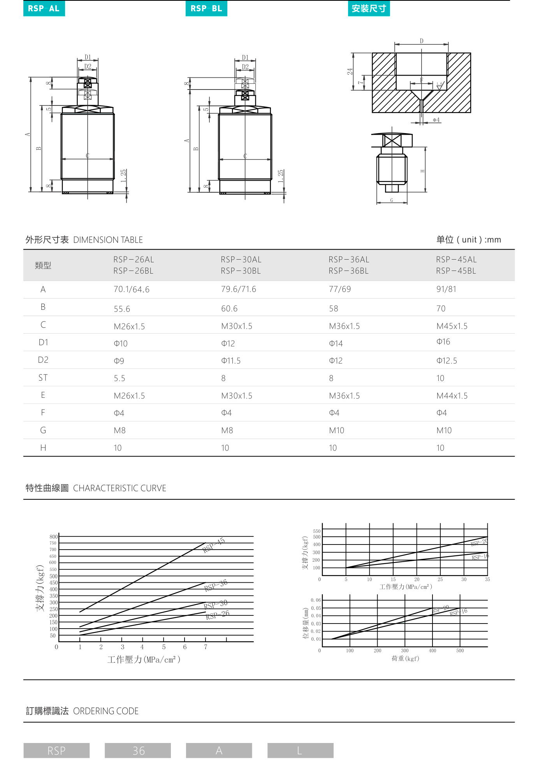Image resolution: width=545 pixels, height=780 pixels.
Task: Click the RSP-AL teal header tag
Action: point(44,9)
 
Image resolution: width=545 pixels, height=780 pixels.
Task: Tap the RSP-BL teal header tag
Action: point(206,9)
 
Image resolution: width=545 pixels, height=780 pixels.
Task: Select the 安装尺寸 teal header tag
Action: point(369,9)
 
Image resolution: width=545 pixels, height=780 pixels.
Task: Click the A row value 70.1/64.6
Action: point(132,290)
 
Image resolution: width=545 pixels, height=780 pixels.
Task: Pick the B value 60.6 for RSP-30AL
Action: point(229,309)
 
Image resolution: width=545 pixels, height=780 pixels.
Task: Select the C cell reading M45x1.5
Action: point(452,326)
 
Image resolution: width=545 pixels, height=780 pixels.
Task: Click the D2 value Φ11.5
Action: point(231,361)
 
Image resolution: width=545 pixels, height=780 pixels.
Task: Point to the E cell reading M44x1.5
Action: point(452,396)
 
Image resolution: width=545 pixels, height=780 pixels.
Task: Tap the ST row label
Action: point(43,378)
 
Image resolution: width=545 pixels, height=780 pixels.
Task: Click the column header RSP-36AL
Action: point(349,260)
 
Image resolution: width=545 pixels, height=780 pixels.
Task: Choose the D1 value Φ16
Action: point(443,342)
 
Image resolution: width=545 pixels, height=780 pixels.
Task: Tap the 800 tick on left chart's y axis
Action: point(53,537)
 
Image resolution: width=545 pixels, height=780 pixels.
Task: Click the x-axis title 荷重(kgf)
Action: point(405,659)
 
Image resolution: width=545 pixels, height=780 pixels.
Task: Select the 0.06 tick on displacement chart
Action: point(316,600)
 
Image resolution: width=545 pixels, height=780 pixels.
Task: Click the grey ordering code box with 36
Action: point(138,750)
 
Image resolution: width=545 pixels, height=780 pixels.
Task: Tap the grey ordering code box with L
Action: point(300,750)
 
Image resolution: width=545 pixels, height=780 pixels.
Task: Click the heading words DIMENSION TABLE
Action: point(108,240)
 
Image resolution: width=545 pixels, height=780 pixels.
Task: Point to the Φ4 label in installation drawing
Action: point(436,120)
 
